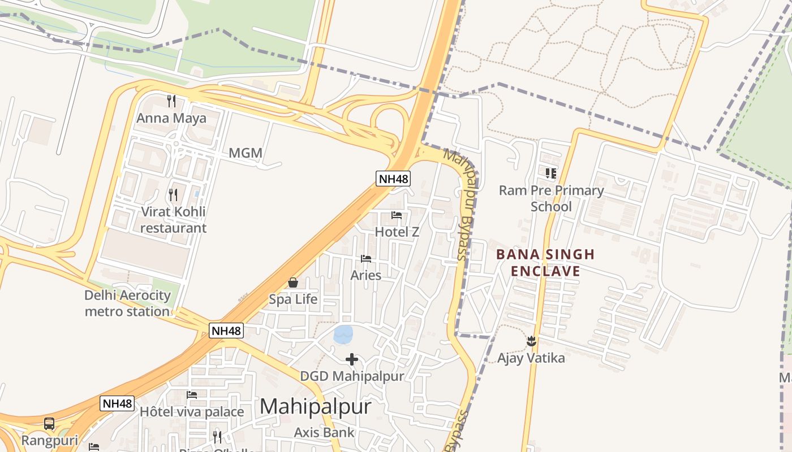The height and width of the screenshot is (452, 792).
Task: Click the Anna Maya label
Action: (x=171, y=119)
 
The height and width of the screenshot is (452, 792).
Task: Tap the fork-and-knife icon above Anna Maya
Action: (x=171, y=101)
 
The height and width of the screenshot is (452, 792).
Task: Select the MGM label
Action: (x=246, y=153)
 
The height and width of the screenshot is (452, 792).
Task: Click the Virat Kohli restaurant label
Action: (x=173, y=220)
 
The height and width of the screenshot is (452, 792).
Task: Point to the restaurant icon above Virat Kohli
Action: (x=173, y=195)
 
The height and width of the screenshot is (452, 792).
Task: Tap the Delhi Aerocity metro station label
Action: (x=127, y=303)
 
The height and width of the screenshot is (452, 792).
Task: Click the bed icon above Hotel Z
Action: (x=397, y=215)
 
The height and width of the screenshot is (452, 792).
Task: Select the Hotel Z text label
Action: (x=397, y=232)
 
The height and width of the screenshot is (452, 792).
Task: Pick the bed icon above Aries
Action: (x=366, y=259)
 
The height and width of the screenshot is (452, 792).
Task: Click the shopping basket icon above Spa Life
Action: (x=293, y=282)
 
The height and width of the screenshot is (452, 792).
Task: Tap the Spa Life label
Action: (x=293, y=299)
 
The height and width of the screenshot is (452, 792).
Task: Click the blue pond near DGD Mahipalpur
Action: (x=343, y=334)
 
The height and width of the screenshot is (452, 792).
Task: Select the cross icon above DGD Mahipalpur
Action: (x=352, y=359)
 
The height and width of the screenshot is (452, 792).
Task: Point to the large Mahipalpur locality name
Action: (x=316, y=407)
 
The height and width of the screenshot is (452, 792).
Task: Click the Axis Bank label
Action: (x=324, y=433)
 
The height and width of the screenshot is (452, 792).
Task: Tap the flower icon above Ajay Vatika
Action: (x=531, y=341)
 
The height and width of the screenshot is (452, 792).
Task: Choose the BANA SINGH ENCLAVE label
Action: (x=545, y=263)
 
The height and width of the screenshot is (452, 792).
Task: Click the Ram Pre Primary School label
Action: (x=551, y=198)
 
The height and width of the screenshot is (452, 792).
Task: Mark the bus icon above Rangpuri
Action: (x=49, y=424)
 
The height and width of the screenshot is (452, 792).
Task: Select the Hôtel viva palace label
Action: (x=192, y=411)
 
